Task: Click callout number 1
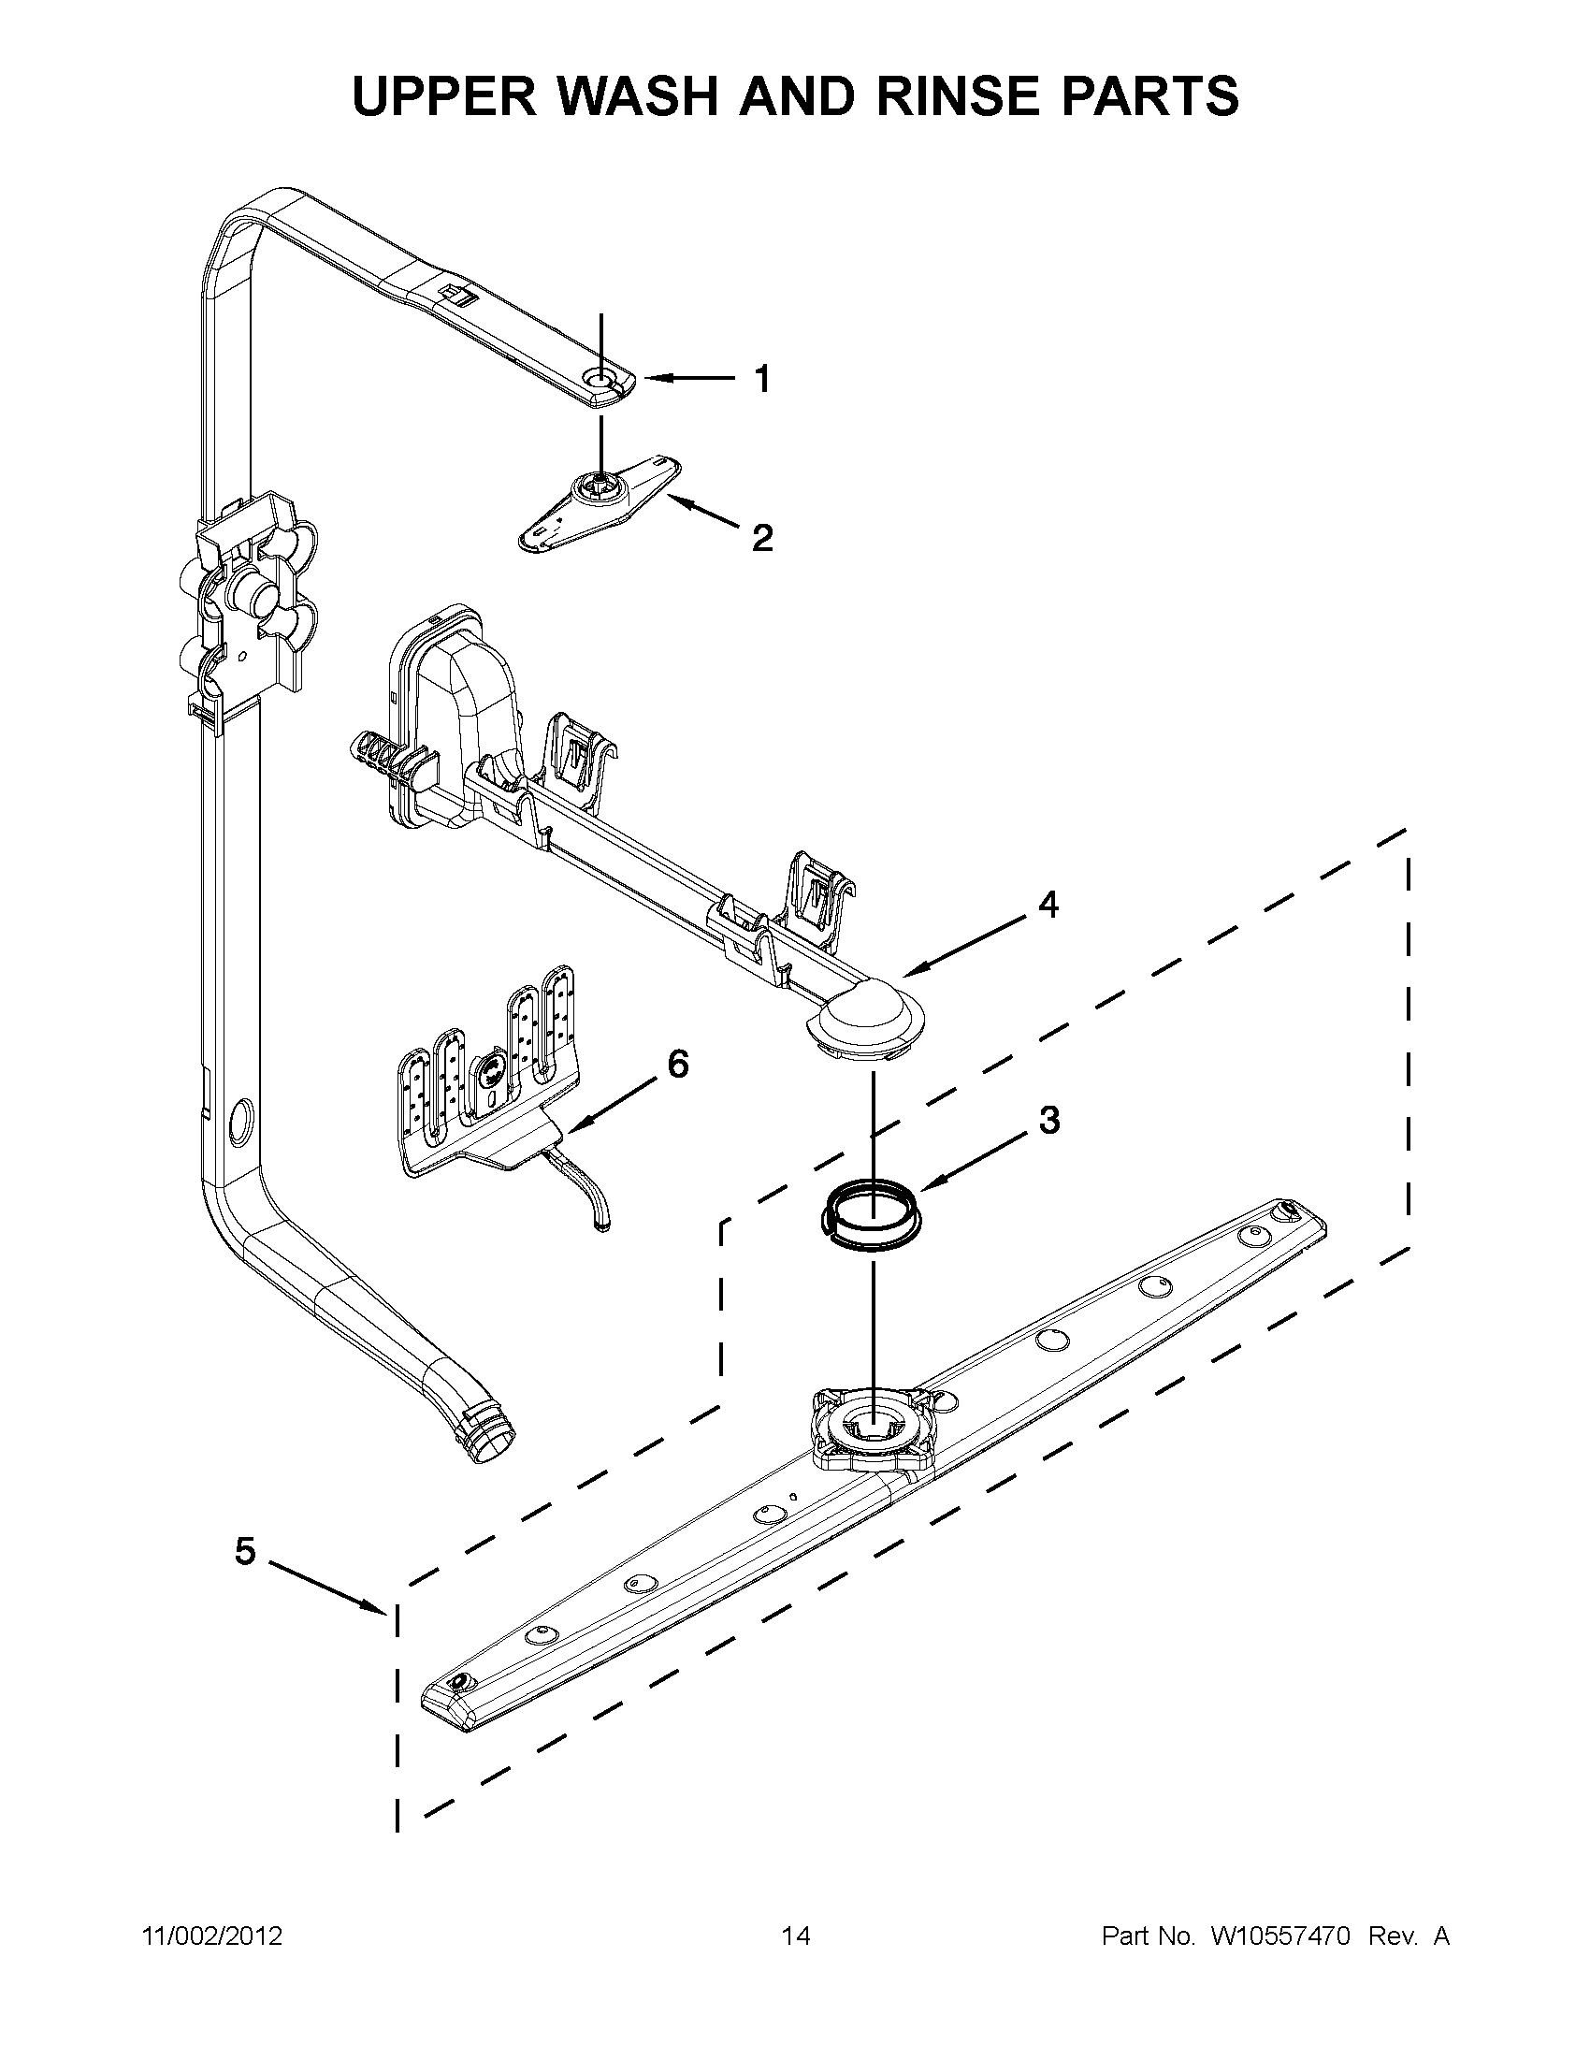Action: [762, 380]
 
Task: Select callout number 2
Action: [761, 538]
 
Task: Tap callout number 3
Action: [1048, 1121]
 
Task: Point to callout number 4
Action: [1048, 905]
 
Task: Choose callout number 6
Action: [678, 1065]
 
